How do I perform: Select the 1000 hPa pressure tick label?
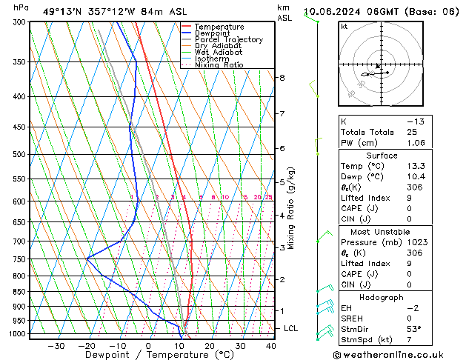[x=16, y=334]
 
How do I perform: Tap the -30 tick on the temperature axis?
[x=56, y=345]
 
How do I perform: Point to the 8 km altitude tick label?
[x=282, y=77]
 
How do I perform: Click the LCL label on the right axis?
[x=291, y=328]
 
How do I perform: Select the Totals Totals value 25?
[x=412, y=132]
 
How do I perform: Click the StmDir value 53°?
[x=416, y=329]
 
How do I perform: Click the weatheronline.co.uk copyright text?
[x=399, y=355]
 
